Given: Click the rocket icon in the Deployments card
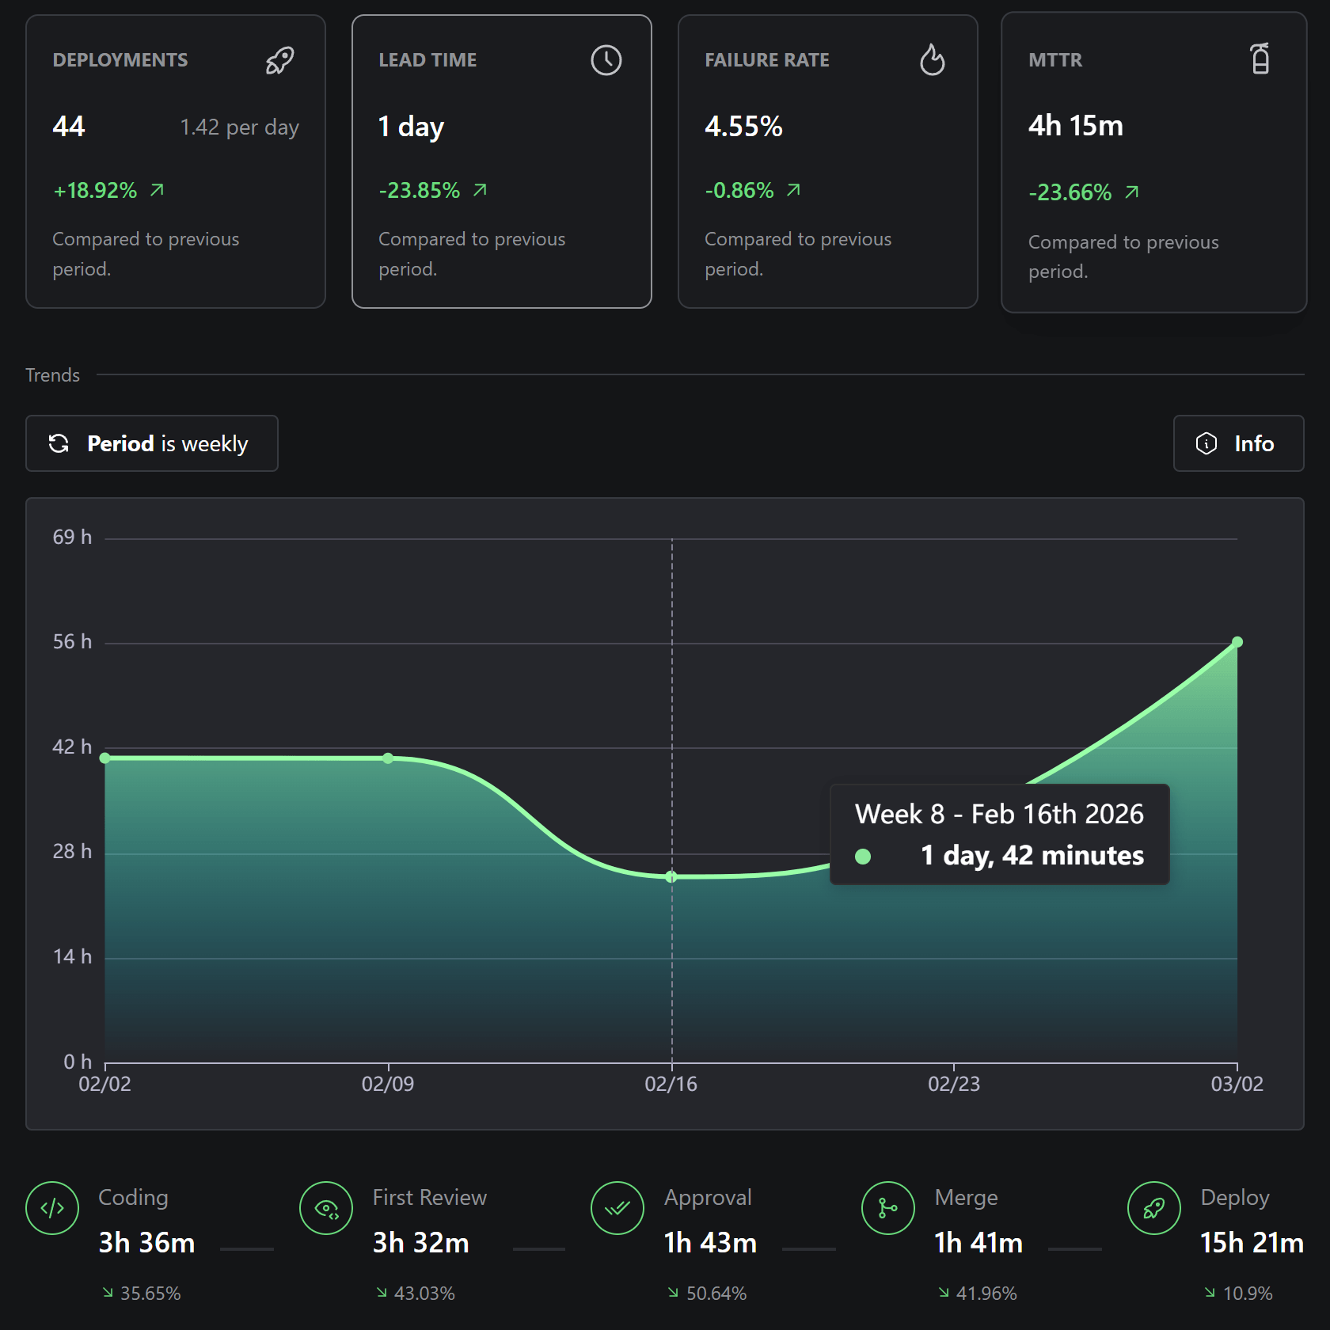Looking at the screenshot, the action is point(279,60).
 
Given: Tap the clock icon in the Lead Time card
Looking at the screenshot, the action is point(606,60).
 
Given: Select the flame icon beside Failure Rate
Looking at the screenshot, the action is point(933,59).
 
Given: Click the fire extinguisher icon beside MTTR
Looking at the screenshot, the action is point(1260,59).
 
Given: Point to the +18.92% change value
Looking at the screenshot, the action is point(95,190).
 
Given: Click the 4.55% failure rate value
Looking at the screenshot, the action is point(743,127).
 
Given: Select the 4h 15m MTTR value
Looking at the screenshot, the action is point(1076,126).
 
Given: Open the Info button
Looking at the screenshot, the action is point(1238,443).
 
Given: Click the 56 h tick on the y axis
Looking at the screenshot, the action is point(72,641).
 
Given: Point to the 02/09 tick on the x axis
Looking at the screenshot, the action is point(388,1084).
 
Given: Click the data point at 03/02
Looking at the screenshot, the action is point(1237,642).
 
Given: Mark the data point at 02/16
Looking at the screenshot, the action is point(671,876).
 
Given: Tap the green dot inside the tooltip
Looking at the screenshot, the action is point(863,856).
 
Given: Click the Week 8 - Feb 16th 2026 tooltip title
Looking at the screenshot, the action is point(999,814).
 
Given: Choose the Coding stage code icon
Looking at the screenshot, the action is point(52,1208).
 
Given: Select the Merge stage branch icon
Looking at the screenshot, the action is point(888,1208).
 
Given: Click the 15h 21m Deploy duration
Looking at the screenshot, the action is point(1252,1243).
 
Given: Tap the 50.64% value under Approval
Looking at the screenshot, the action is point(716,1293).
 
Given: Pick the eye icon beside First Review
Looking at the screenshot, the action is point(326,1208).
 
